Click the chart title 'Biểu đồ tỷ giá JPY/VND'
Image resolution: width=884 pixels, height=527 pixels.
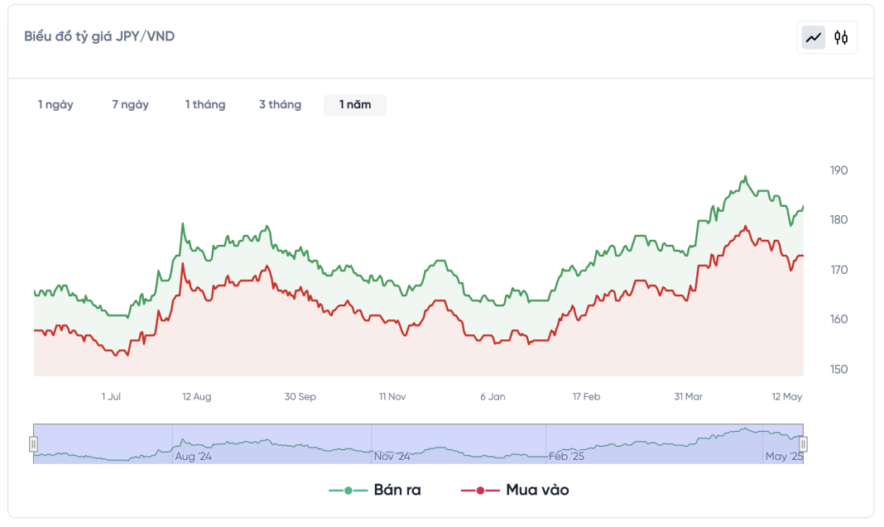(x=99, y=36)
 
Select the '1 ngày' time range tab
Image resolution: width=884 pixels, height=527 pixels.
(x=55, y=104)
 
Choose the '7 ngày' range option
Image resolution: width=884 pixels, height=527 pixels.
(x=131, y=104)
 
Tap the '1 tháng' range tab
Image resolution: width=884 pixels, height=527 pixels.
(x=205, y=104)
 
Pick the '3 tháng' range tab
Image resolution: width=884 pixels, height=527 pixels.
(x=280, y=104)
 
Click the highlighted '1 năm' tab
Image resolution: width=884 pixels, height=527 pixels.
(x=355, y=104)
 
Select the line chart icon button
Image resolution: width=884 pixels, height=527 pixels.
(x=814, y=37)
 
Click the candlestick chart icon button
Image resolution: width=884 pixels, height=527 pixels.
(x=841, y=37)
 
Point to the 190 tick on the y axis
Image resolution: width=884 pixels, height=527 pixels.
(x=838, y=170)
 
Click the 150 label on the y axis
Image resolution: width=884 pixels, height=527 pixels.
(x=838, y=369)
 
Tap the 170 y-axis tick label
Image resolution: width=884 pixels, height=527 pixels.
(x=838, y=270)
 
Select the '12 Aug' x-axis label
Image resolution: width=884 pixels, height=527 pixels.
(x=197, y=397)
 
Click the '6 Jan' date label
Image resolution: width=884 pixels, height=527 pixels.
(x=492, y=397)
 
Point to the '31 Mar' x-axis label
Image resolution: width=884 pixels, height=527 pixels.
(x=688, y=397)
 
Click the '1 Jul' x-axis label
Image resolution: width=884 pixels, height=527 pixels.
(x=111, y=397)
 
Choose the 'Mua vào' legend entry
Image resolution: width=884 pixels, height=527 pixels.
(x=515, y=490)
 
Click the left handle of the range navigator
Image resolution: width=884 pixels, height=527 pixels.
(x=34, y=444)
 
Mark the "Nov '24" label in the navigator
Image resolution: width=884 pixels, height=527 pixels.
(x=392, y=456)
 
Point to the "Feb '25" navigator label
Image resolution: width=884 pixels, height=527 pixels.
(x=567, y=456)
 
